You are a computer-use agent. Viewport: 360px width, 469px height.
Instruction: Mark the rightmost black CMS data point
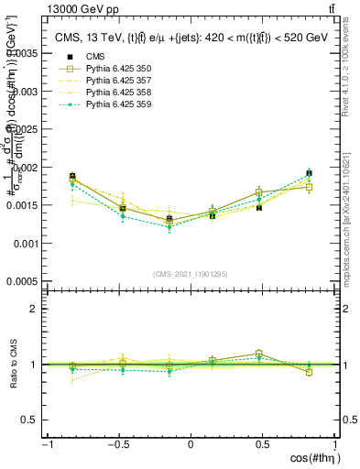pyautogui.click(x=309, y=173)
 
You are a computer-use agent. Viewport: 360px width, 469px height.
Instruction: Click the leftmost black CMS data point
pyautogui.click(x=72, y=176)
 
